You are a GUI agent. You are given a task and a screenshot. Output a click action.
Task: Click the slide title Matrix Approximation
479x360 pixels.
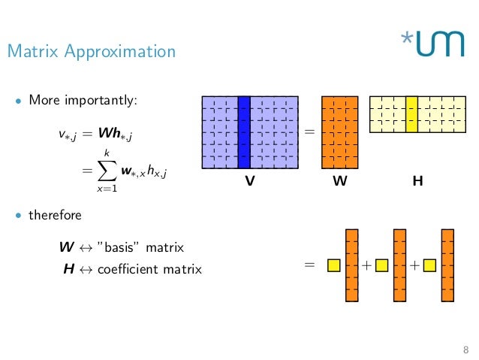[x=91, y=52]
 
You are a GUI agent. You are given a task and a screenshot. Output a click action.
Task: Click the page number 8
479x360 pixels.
[x=465, y=349]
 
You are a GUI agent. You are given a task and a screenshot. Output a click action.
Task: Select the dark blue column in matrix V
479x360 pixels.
[x=243, y=132]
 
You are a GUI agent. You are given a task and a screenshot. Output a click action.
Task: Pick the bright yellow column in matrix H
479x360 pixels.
[x=411, y=113]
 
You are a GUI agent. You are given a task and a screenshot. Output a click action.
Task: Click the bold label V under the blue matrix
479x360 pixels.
[x=249, y=182]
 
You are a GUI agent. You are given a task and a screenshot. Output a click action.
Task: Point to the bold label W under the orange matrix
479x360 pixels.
[x=339, y=182]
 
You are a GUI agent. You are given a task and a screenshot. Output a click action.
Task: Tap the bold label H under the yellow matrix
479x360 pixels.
[x=417, y=182]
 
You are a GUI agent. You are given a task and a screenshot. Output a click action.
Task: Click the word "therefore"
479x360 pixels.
[x=55, y=215]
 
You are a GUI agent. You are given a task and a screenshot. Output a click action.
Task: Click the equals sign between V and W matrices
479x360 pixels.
[x=309, y=132]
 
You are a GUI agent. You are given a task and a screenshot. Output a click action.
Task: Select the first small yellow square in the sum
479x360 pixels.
[x=333, y=265]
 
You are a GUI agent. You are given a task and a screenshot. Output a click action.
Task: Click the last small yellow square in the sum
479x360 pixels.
[x=429, y=265]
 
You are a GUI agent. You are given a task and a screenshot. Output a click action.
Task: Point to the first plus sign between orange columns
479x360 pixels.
[x=366, y=265]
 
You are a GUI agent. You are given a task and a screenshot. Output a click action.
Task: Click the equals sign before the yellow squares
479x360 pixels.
[x=309, y=265]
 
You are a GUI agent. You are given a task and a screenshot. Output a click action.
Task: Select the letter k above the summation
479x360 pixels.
[x=106, y=153]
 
